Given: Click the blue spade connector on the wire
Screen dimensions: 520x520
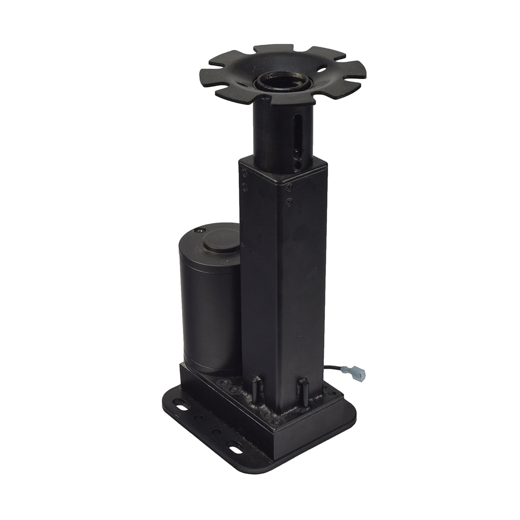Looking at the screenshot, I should click(358, 372).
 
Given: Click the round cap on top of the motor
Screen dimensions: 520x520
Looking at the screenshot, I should click(221, 241).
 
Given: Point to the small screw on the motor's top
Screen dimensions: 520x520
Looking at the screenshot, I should click(197, 230).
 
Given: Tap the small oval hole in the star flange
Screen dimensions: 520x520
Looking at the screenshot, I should click(322, 68).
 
